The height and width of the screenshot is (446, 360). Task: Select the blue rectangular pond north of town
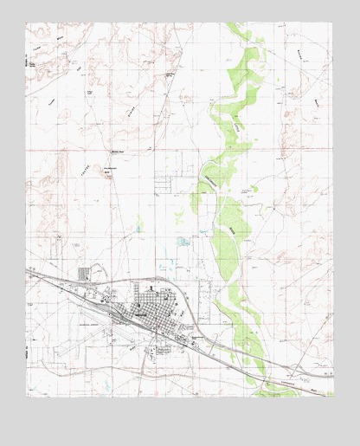point(183,242)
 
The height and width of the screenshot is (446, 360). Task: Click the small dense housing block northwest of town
point(84,274)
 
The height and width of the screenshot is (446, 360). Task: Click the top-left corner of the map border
point(26,23)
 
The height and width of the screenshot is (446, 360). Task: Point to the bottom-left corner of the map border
point(26,396)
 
